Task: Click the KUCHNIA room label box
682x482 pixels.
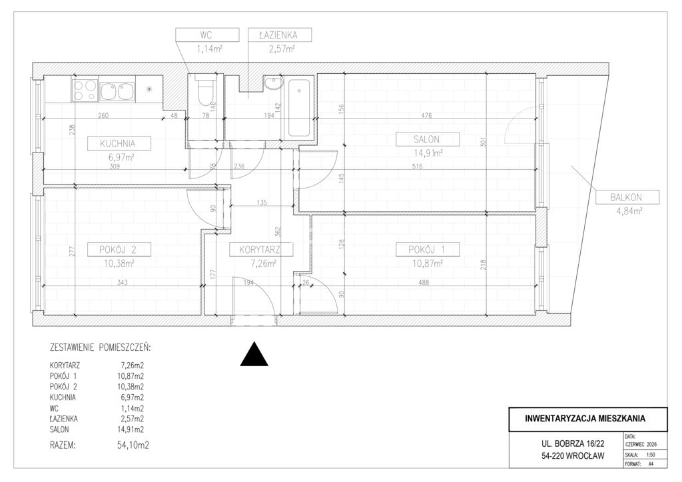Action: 119,143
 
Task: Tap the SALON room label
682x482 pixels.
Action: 428,140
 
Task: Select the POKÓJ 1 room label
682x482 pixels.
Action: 428,250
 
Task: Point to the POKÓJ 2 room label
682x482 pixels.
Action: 119,250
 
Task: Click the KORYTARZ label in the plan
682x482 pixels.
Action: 260,250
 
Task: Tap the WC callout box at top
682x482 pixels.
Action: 208,35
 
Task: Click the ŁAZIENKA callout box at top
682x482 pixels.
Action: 279,35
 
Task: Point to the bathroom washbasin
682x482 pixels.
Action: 274,83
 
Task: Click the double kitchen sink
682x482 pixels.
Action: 117,91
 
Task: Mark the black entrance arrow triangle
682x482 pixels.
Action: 254,354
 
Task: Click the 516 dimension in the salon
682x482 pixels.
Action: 417,166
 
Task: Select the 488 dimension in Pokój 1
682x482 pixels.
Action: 423,282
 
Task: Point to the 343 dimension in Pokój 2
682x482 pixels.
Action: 123,282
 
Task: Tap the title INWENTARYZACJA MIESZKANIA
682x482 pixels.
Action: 585,419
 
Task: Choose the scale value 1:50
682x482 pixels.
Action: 651,455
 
